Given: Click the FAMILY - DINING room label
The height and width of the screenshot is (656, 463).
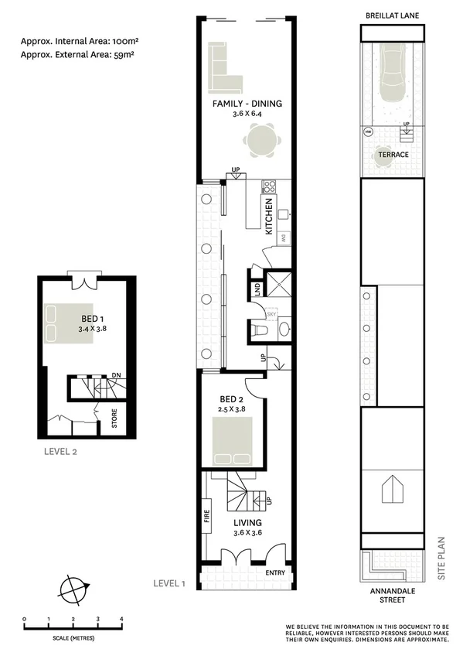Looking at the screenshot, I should click(248, 103).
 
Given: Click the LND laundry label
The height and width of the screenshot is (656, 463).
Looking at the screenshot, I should click(257, 289).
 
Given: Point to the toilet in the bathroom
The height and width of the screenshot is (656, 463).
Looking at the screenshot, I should click(260, 330).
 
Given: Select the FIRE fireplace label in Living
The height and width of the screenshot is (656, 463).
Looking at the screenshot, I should click(207, 516).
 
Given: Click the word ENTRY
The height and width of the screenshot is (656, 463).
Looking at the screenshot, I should click(274, 573).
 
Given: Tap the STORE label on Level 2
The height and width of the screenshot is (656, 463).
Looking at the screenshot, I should click(114, 422).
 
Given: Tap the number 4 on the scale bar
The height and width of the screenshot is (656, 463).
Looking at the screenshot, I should click(121, 619).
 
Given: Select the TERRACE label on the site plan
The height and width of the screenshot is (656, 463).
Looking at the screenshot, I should click(393, 155).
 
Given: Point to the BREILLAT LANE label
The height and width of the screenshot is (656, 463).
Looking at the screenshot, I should click(393, 15).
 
